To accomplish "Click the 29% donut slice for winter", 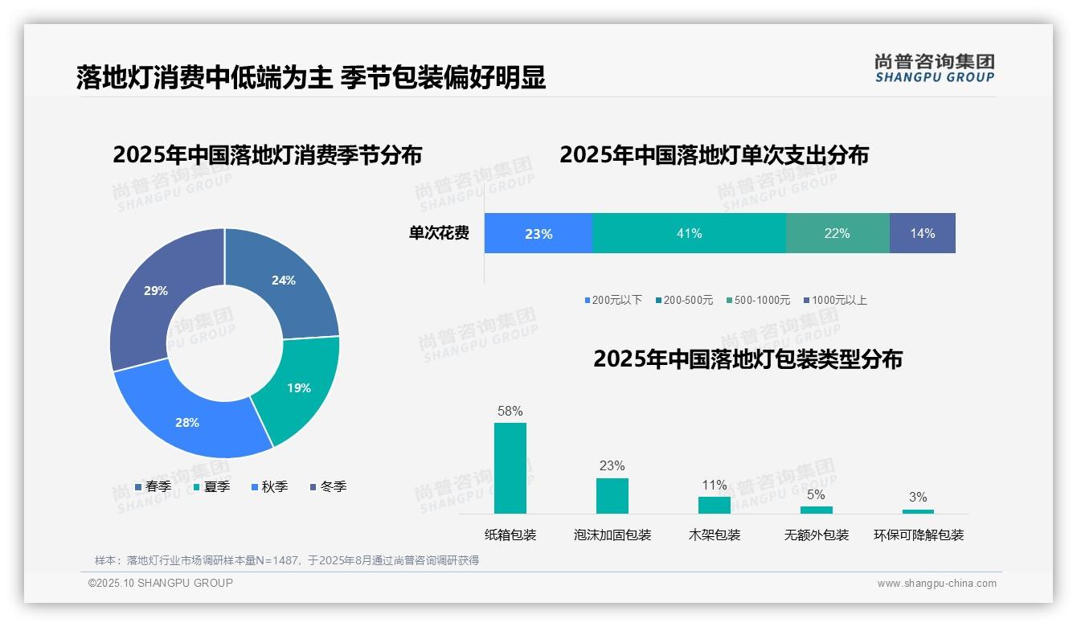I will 153,293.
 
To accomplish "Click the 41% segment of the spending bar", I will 689,233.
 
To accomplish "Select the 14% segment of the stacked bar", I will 922,233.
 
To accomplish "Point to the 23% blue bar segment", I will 538,233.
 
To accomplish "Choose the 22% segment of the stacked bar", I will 837,233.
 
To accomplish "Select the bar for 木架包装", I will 715,505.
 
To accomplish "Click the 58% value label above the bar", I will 510,411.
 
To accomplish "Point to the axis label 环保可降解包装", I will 919,535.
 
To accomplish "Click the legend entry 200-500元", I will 684,300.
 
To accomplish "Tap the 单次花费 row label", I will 439,233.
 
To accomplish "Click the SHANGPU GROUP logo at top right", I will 935,68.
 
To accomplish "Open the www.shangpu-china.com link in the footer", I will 936,583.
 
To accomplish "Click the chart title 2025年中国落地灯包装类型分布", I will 747,359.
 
